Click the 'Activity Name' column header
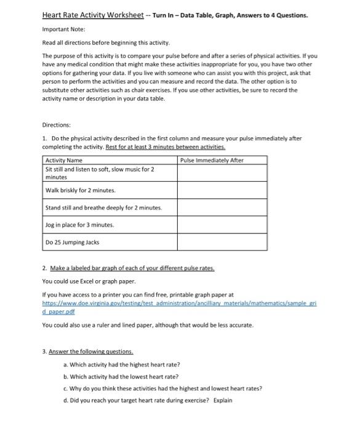click(x=65, y=160)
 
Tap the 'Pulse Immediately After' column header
click(x=212, y=160)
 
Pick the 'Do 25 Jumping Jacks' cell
click(x=73, y=242)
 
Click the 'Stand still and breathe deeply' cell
click(x=104, y=207)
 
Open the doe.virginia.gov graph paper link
click(x=178, y=304)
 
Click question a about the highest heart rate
click(x=121, y=365)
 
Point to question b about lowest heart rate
click(x=121, y=376)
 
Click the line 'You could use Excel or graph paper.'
click(x=88, y=281)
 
